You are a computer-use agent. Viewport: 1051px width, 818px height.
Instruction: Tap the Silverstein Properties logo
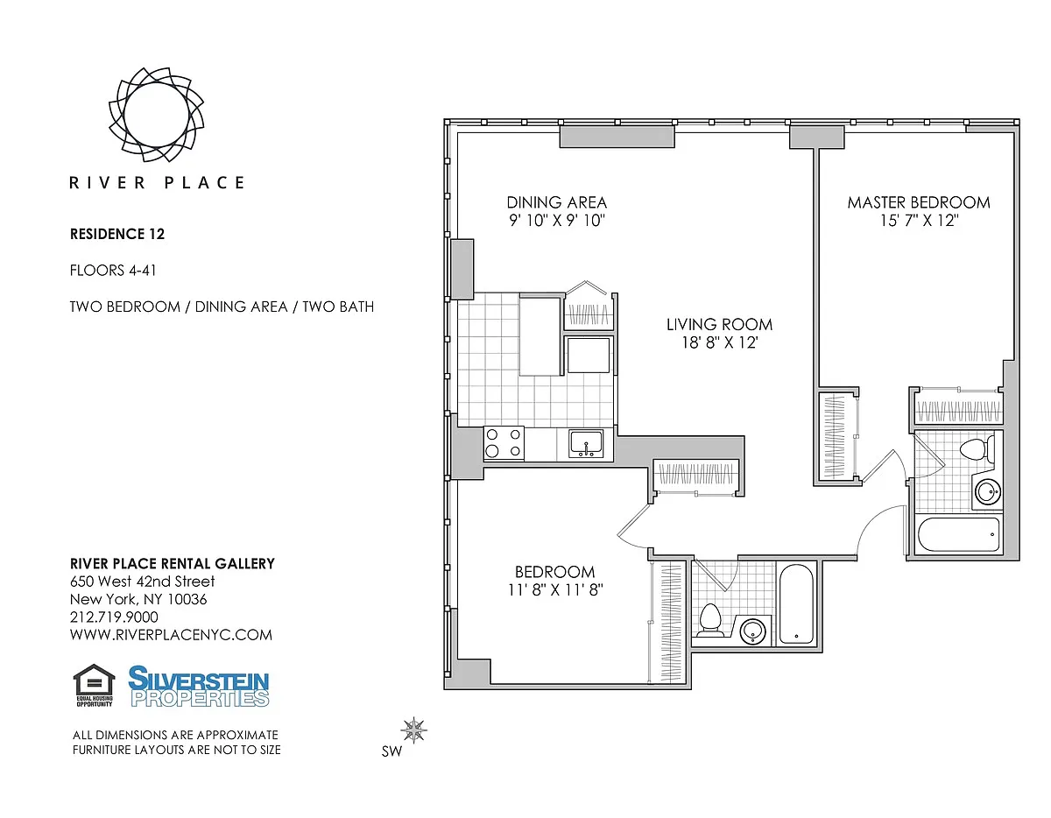[x=199, y=687]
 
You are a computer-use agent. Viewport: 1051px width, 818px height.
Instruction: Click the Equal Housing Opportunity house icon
[x=95, y=685]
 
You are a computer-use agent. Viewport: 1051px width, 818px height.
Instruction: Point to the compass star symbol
[x=413, y=730]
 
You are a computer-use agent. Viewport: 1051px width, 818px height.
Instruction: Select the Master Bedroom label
[x=919, y=202]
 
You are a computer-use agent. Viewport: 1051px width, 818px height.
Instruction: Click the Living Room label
[x=719, y=324]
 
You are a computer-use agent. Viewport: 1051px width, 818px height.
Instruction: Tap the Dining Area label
[x=557, y=202]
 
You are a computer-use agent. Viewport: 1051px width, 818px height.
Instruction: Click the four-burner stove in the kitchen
[x=504, y=442]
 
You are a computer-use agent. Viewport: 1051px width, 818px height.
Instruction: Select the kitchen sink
[x=586, y=443]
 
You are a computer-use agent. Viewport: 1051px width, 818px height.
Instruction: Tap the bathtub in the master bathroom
[x=959, y=534]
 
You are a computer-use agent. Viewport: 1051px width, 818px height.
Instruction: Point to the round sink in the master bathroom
[x=987, y=492]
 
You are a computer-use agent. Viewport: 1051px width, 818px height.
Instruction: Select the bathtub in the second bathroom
[x=797, y=604]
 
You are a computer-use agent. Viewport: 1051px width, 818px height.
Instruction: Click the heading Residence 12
[x=117, y=234]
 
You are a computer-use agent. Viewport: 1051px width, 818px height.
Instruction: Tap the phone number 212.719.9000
[x=114, y=617]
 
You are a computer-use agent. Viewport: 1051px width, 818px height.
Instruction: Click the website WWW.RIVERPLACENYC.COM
[x=171, y=635]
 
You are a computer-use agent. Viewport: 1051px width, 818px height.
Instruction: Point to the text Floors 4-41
[x=113, y=271]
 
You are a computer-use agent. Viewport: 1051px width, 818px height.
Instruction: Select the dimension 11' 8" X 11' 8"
[x=555, y=589]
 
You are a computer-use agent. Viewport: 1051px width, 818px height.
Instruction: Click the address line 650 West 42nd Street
[x=142, y=582]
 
